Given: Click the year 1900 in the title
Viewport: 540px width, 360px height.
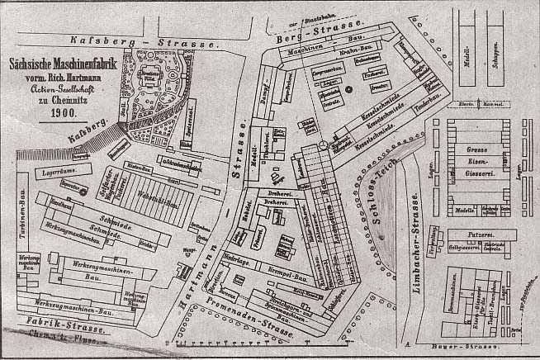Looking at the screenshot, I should [64, 111].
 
